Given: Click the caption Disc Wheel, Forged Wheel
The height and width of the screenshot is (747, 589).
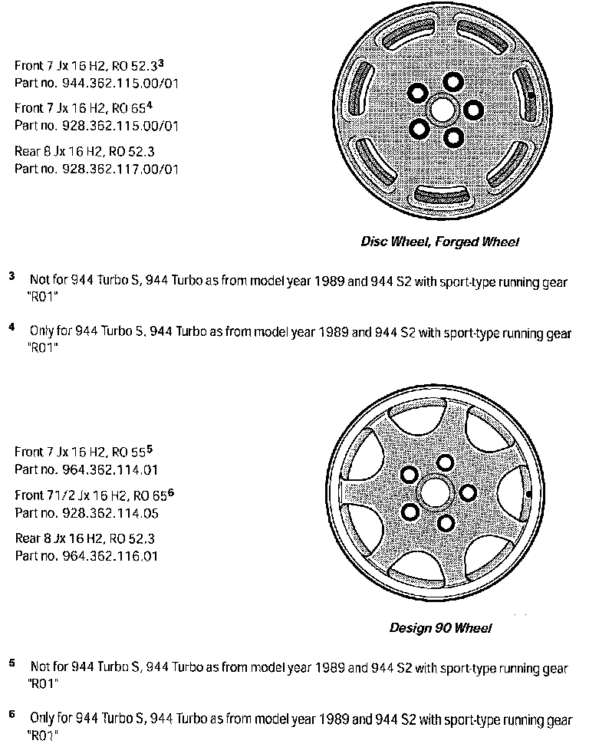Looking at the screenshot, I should [x=440, y=242].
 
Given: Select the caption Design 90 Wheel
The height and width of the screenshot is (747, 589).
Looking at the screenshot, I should [x=440, y=628].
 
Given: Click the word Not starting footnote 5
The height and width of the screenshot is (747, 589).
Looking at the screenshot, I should [x=40, y=667].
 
